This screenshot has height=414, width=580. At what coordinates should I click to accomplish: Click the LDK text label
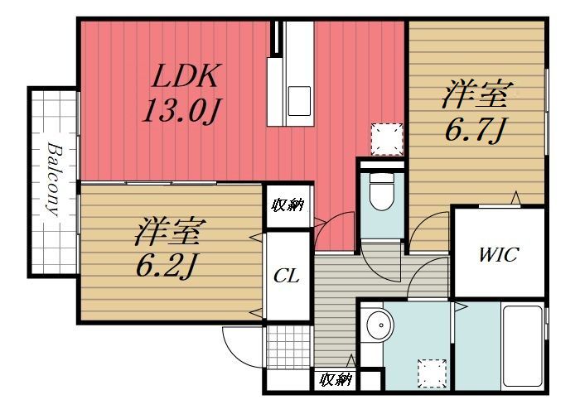click(x=184, y=77)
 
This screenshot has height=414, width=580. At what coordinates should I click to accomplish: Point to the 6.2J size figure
click(x=168, y=265)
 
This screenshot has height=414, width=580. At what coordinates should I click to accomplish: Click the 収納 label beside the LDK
click(x=288, y=205)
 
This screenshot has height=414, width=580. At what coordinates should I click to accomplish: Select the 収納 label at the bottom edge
click(x=335, y=380)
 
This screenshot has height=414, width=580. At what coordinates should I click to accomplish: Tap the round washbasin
click(x=378, y=325)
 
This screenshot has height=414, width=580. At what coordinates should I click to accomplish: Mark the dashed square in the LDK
click(x=386, y=139)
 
